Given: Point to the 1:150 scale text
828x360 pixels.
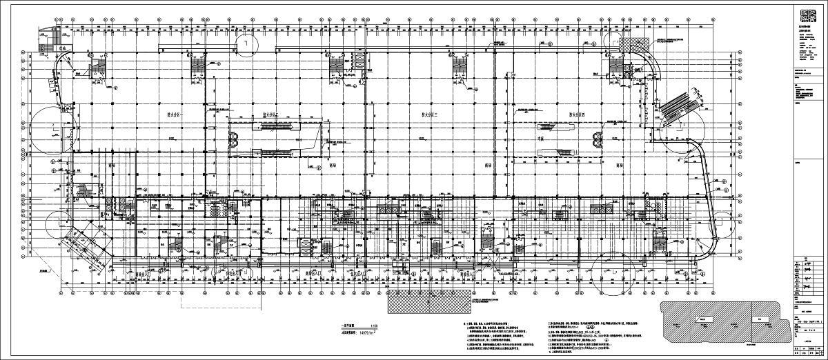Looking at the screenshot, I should click(375, 326).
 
